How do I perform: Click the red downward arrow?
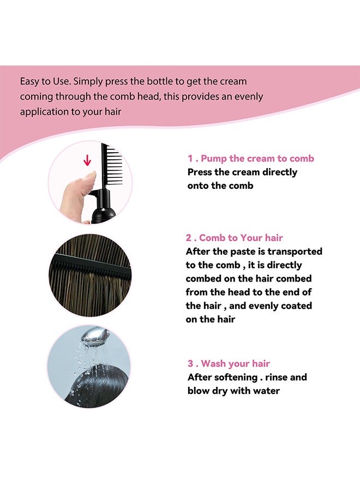(86, 160)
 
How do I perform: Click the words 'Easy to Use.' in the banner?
(45, 81)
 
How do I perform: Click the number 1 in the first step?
(190, 158)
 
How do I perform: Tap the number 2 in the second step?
(189, 238)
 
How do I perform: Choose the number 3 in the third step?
(190, 363)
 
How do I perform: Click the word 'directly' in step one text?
(278, 172)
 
